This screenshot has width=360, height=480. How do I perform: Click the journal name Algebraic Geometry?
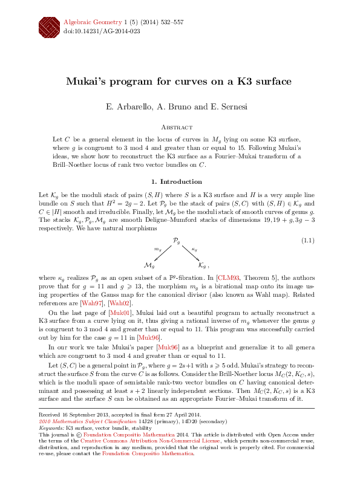click(88, 22)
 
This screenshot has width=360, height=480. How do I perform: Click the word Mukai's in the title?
click(91, 82)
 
